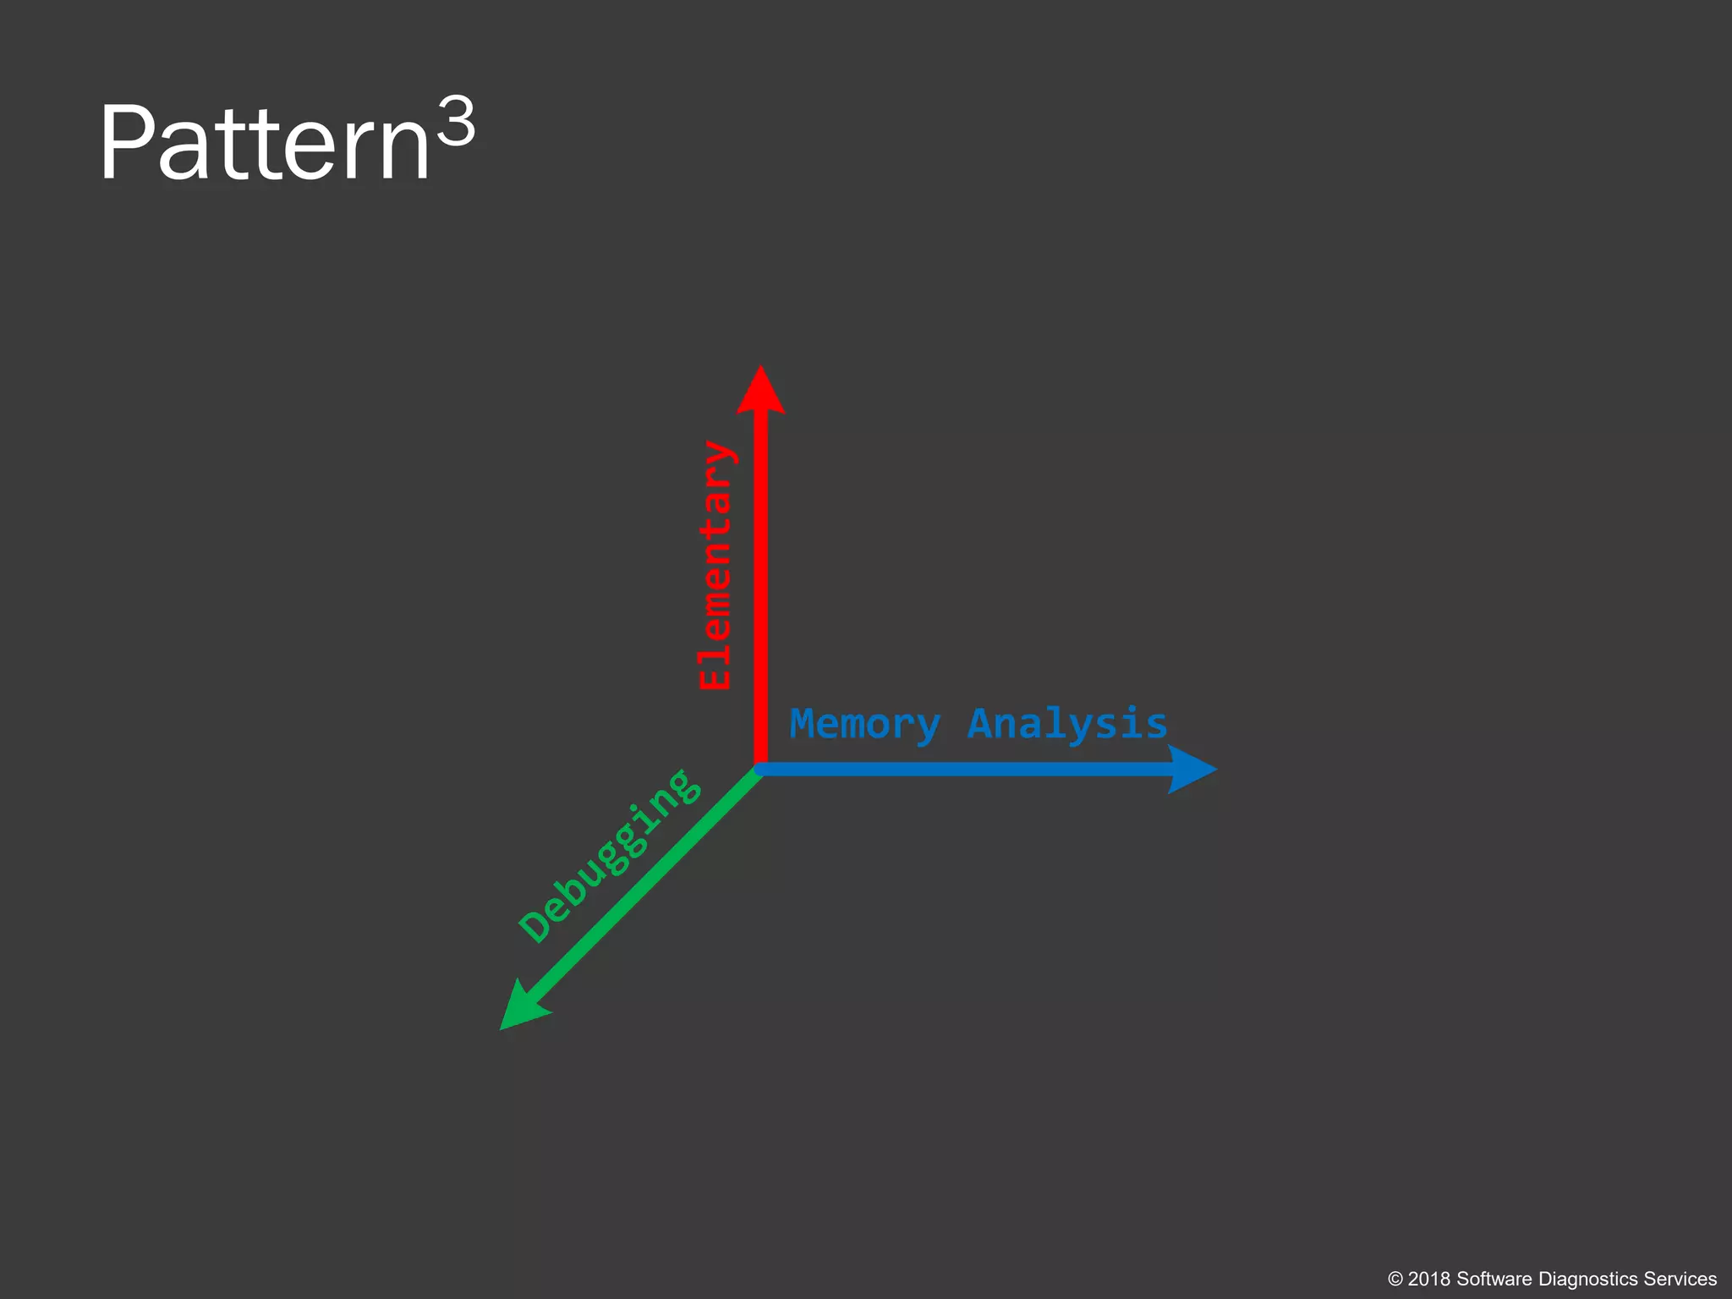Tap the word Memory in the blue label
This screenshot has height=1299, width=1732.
coord(864,725)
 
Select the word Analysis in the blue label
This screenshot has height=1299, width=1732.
coord(1067,725)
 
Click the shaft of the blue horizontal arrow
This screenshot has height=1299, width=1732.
coord(964,770)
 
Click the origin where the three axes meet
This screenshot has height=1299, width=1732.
coord(760,769)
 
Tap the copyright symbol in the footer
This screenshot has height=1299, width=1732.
coord(1395,1280)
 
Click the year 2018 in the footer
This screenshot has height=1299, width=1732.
coord(1429,1280)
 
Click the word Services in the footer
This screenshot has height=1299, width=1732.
coord(1680,1280)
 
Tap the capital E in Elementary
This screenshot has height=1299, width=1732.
coord(715,674)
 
